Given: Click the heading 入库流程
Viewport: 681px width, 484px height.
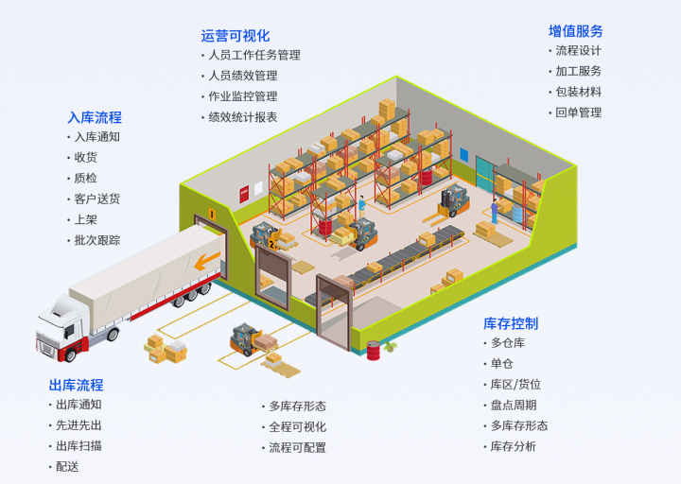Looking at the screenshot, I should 94,117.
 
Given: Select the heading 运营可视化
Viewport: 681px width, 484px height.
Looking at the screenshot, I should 235,36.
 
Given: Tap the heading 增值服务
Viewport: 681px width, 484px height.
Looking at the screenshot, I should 575,31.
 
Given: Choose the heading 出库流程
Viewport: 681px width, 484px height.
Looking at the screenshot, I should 76,385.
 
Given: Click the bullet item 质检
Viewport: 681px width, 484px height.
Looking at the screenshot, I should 85,178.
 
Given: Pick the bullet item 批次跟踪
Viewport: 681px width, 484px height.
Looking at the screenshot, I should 97,240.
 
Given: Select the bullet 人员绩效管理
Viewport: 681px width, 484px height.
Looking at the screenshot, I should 243,76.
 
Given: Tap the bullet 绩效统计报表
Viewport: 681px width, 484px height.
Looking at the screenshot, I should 243,117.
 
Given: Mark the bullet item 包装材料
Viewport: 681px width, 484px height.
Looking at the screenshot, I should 578,92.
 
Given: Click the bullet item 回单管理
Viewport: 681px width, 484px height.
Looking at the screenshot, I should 578,112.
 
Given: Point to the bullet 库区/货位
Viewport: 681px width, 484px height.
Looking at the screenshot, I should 515,385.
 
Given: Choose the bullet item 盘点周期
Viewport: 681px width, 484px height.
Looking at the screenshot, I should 514,406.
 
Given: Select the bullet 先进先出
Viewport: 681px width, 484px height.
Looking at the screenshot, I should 79,425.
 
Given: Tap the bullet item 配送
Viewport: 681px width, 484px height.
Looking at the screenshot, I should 67,467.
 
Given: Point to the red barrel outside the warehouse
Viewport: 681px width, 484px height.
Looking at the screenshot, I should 374,351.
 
